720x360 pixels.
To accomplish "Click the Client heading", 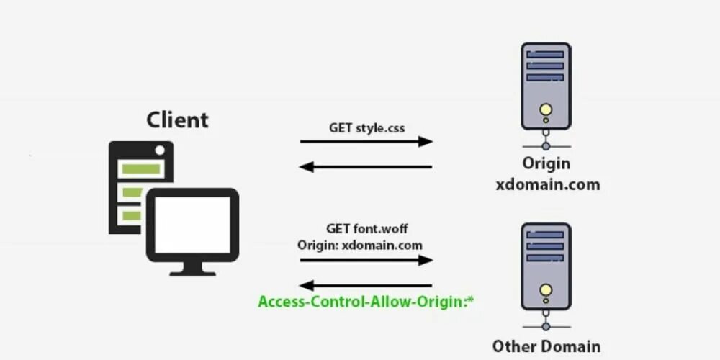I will click(177, 119).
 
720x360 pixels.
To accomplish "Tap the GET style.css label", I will click(366, 128).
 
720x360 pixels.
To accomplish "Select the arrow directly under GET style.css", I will click(366, 142).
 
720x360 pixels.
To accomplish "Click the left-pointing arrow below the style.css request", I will click(366, 167).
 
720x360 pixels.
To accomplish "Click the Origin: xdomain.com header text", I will click(360, 245).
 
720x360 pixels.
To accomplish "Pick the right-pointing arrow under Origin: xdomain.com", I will click(366, 260).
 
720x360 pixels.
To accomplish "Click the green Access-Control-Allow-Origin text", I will click(367, 301).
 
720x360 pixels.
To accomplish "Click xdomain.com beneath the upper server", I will click(547, 184).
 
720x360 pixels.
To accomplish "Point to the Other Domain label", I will click(546, 346).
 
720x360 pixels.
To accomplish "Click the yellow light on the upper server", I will click(546, 110).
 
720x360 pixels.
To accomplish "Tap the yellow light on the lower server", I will click(546, 290).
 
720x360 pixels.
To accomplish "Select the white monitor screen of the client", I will click(192, 225).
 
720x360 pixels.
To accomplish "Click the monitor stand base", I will click(192, 271).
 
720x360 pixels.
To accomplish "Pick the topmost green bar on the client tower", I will click(140, 169).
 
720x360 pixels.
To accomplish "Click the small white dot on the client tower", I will click(161, 150).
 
